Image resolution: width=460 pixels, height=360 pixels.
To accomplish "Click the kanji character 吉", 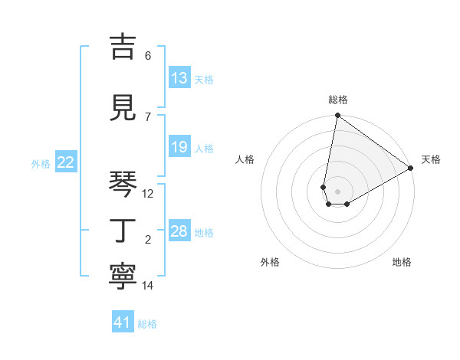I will tap(123, 48).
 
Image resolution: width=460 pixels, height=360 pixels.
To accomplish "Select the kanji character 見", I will tap(123, 109).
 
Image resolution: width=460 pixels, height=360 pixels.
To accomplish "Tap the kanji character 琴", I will tap(123, 185).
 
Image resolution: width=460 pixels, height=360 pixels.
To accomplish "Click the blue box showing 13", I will tap(179, 78).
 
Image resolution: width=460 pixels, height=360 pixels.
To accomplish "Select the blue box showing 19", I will tap(179, 147).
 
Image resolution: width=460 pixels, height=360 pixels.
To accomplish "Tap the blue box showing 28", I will tap(179, 231).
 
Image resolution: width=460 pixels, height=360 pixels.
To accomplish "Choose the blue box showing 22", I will tap(66, 162).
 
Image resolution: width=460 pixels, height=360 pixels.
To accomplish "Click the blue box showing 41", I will tap(123, 322).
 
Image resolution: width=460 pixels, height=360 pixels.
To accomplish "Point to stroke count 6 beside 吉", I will tap(148, 56).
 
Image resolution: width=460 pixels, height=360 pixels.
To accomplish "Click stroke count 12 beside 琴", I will tap(148, 194).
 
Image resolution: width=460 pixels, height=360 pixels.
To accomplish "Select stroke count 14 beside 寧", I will tap(148, 286).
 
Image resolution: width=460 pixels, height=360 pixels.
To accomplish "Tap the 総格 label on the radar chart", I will tap(338, 100).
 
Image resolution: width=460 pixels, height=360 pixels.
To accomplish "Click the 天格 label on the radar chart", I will tap(431, 159).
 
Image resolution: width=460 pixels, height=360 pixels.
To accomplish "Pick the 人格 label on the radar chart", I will tap(245, 159).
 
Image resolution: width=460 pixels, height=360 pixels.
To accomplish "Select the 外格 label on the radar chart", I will tap(270, 262).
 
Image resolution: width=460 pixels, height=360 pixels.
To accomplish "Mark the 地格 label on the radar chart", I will tap(402, 262).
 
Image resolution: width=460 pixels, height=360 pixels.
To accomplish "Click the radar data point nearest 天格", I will tap(411, 169).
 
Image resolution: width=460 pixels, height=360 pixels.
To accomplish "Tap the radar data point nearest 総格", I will tap(337, 116).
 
